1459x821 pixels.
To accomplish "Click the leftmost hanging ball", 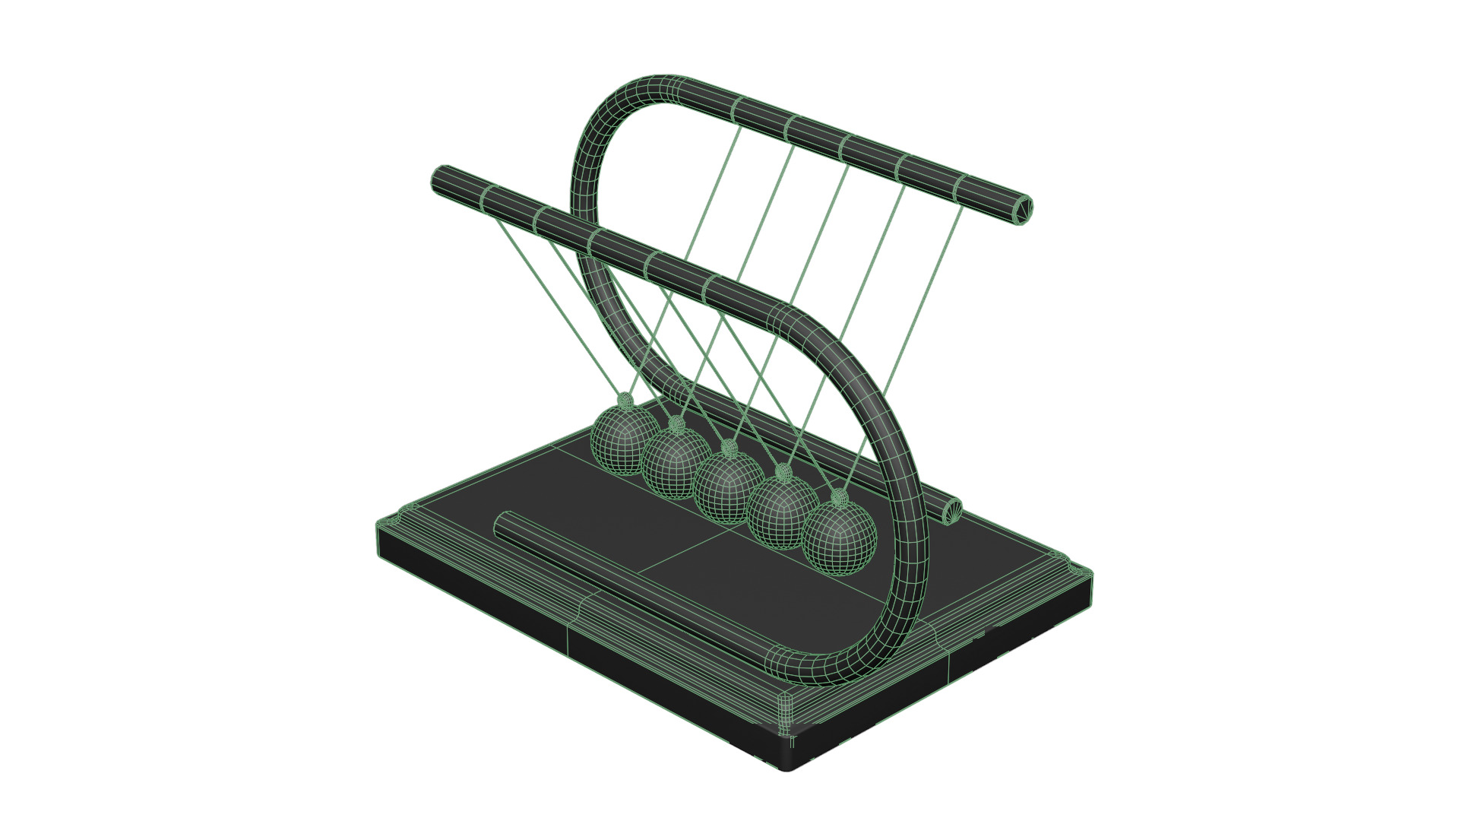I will [624, 441].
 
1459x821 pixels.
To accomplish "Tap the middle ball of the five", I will [727, 487].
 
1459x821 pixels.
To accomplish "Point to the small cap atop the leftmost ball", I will [625, 400].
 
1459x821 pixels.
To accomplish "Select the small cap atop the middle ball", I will [729, 446].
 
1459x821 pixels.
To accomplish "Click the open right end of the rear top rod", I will [1023, 209].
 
